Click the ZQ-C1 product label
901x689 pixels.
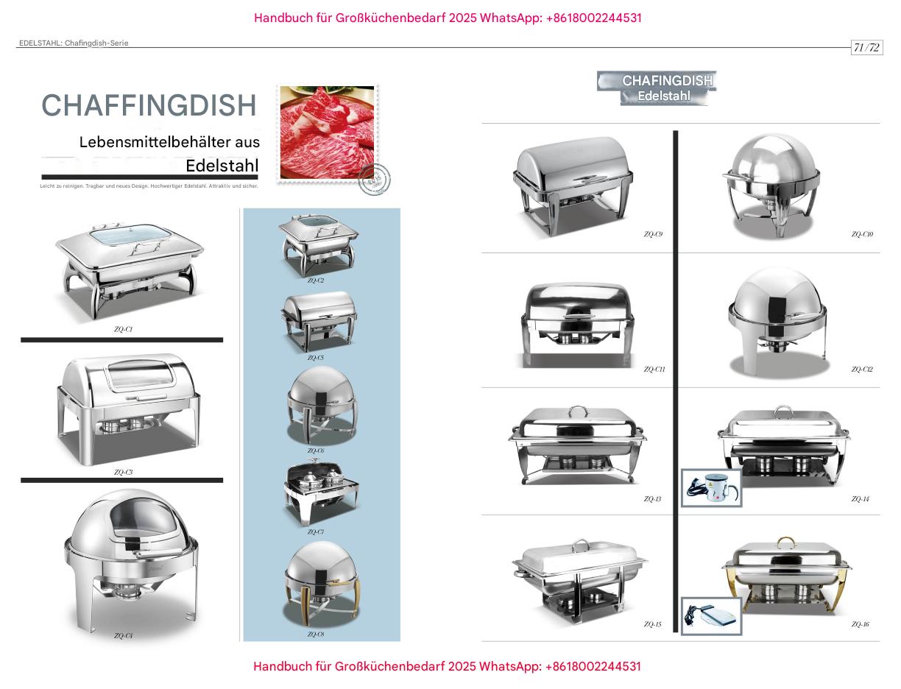(123, 330)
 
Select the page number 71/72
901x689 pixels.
(866, 48)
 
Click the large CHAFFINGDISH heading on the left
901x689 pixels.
(149, 106)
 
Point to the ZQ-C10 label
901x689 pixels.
(862, 235)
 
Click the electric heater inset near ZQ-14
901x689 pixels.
(711, 488)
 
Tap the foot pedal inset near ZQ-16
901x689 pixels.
(711, 616)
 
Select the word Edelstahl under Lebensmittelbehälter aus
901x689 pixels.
(222, 166)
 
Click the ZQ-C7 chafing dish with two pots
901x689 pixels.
(320, 492)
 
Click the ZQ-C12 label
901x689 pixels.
(862, 370)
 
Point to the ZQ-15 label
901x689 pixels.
(652, 625)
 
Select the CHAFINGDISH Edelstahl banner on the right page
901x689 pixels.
(657, 88)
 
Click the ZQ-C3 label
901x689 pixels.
(123, 473)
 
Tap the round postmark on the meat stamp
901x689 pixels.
(374, 180)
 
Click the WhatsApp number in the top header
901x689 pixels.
(593, 18)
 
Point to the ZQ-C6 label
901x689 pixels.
(315, 451)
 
